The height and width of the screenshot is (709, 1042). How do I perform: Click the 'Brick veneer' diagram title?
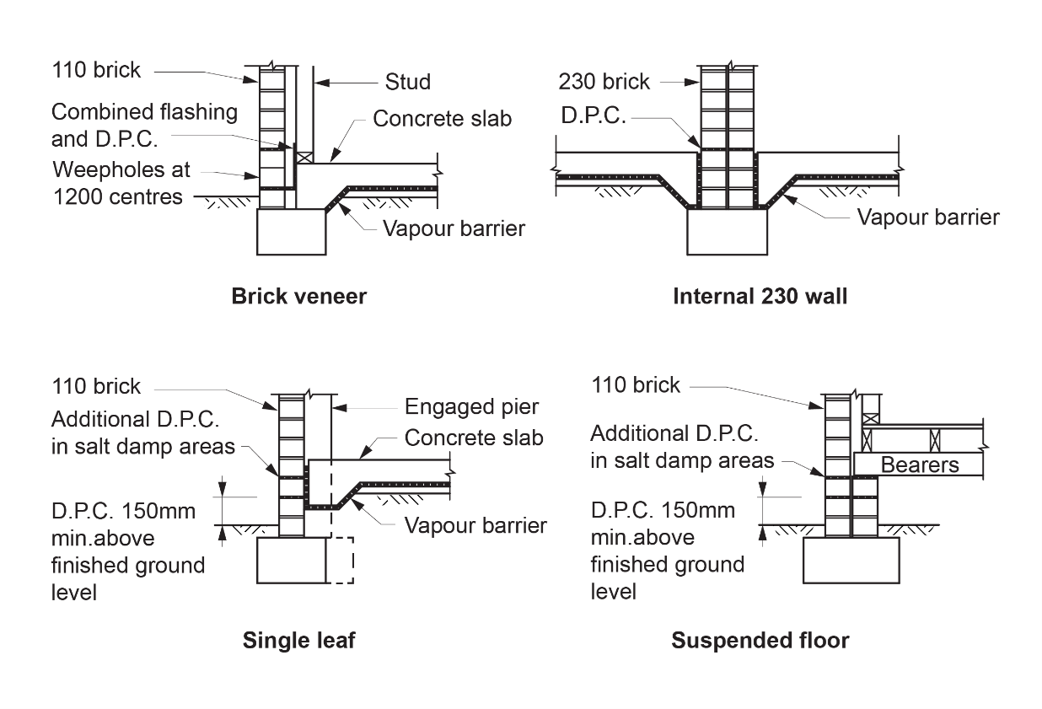298,297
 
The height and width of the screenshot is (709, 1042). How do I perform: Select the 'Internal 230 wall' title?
760,297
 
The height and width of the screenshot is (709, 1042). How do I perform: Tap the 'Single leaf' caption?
298,641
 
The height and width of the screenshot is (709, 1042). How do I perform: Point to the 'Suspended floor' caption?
760,641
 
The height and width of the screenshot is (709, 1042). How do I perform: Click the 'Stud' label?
407,82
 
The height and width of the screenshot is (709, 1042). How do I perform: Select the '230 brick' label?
604,82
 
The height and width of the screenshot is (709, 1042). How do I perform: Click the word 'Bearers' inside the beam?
920,465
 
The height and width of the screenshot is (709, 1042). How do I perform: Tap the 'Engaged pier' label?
471,407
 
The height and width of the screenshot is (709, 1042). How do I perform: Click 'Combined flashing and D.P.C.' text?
144,124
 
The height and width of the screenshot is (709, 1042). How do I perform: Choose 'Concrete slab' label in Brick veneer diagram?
442,119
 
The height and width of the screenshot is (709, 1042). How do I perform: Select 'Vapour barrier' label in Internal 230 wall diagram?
927,217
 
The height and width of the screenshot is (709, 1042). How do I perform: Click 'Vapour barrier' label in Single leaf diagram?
475,525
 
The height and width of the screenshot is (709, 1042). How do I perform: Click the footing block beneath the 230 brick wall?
727,231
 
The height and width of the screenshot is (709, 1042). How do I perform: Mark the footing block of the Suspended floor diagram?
851,560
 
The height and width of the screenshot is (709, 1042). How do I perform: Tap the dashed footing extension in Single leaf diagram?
341,560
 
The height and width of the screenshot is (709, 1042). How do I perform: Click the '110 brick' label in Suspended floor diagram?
636,385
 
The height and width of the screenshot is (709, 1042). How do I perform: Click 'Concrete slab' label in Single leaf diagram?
474,438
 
